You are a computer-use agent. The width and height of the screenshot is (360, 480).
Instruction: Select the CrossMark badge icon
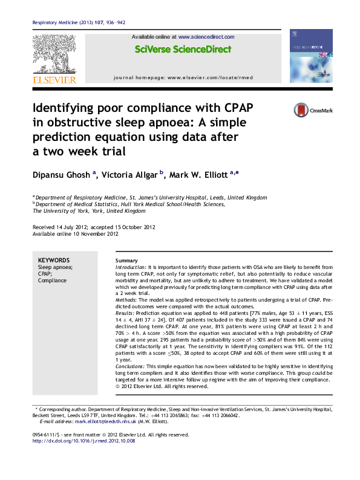(300, 110)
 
